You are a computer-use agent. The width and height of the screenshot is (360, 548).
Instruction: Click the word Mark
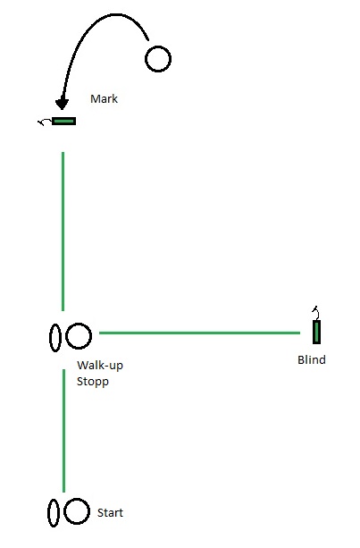point(104,98)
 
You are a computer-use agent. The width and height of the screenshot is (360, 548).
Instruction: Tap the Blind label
point(312,359)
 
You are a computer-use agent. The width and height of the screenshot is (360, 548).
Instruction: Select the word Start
point(111,513)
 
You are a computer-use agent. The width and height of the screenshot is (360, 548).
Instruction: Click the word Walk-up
point(100,366)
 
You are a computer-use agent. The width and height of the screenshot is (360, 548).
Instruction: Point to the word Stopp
point(93,382)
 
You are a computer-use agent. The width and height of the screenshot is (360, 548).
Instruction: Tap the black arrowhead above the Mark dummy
point(62,104)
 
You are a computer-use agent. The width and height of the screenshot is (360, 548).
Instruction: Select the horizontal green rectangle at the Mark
point(64,122)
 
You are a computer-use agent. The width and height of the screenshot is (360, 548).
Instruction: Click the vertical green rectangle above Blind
point(316,332)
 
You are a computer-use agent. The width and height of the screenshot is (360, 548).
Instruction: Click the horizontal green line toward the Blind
point(199,333)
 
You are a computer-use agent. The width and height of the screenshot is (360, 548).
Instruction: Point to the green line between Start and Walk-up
point(63,431)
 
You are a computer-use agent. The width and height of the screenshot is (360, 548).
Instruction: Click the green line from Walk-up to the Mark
point(63,232)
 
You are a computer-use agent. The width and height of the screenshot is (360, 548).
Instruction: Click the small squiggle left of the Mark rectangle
point(45,122)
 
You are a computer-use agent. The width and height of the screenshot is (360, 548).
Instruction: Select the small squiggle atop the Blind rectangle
point(316,313)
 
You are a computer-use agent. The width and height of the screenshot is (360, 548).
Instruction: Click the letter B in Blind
point(301,359)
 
